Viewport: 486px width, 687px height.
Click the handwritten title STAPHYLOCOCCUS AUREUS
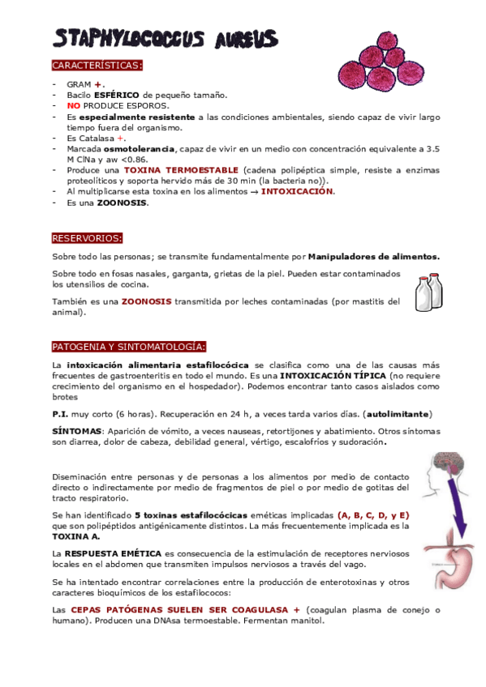tap(165, 37)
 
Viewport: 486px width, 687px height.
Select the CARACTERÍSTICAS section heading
tap(97, 65)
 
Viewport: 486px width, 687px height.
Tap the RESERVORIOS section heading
tap(88, 238)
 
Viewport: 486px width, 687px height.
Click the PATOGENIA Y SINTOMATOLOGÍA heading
tap(129, 347)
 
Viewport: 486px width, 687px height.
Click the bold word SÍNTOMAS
tap(77, 431)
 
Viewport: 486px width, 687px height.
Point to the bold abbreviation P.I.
tap(62, 413)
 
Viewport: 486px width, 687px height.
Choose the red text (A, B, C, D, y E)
tap(374, 515)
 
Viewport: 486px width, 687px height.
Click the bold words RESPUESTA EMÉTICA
tap(113, 553)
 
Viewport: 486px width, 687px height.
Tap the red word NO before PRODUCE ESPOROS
tap(73, 105)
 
